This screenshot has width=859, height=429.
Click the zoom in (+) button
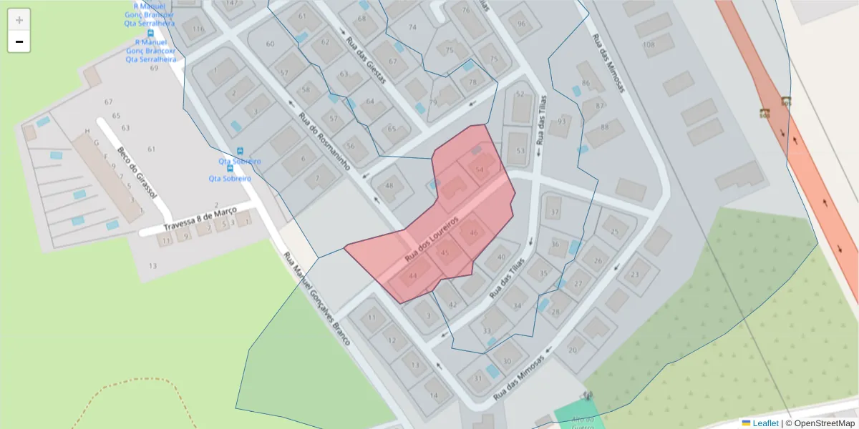[19, 20]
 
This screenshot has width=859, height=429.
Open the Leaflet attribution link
[765, 423]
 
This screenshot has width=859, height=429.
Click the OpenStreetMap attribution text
[824, 423]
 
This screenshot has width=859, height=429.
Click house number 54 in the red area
[480, 169]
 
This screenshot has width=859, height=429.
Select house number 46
[473, 233]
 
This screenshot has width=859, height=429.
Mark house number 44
[412, 276]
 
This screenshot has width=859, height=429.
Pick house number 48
[389, 186]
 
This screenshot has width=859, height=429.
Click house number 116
[198, 29]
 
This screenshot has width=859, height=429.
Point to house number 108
[649, 46]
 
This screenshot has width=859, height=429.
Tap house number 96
[521, 24]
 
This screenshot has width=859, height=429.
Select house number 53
[520, 151]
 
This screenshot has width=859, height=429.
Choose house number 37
[554, 213]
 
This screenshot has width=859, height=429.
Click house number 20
[573, 350]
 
